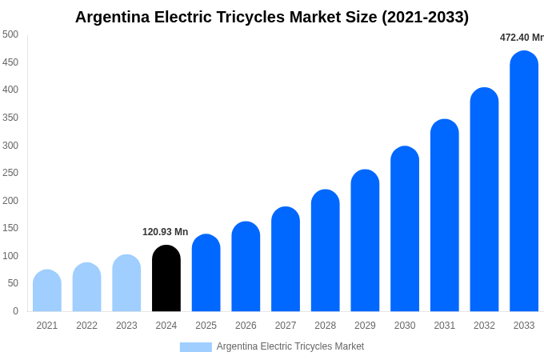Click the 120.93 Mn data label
click(x=165, y=232)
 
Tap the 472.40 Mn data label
click(x=521, y=38)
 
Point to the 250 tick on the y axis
click(x=10, y=173)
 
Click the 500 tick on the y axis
click(x=10, y=34)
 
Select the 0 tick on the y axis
click(x=15, y=311)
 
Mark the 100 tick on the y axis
click(x=10, y=256)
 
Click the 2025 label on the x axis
click(x=206, y=326)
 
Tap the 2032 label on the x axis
click(x=484, y=326)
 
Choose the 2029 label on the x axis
click(x=365, y=326)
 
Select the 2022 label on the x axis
click(x=86, y=326)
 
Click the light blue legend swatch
click(x=195, y=347)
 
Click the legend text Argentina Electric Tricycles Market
click(x=290, y=346)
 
